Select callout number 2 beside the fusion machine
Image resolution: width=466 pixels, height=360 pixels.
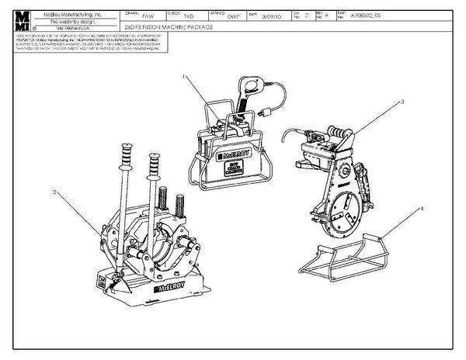[55, 191]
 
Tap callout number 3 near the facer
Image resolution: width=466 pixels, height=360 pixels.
[403, 102]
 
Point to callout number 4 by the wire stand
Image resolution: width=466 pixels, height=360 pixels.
[421, 208]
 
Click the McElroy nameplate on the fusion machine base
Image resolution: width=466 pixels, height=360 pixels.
[170, 288]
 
